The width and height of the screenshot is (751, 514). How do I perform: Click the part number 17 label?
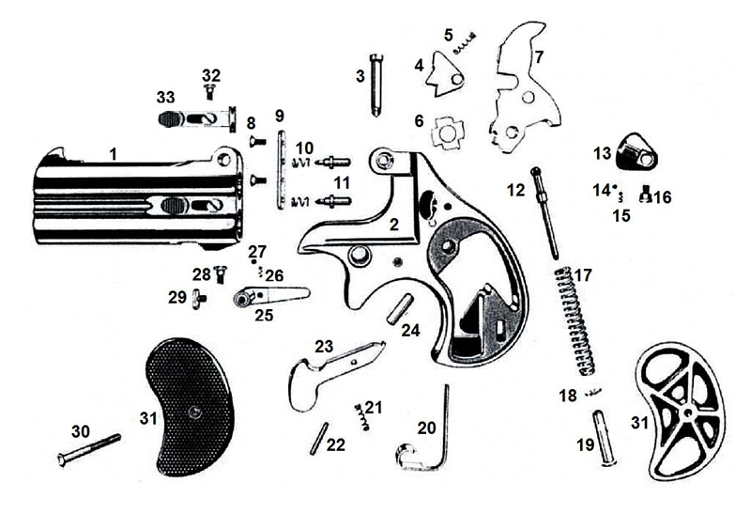click(x=583, y=275)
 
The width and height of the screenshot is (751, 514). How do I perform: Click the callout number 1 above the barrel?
click(x=113, y=151)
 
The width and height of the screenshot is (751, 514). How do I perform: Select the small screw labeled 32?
click(x=210, y=90)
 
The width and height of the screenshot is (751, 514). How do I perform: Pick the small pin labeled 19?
click(x=603, y=438)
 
